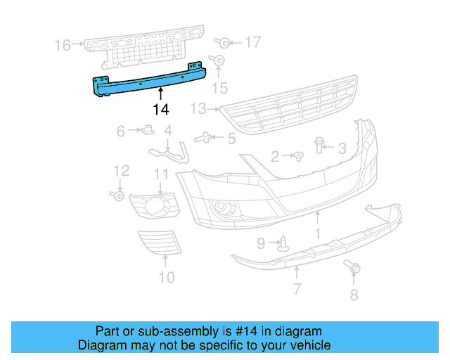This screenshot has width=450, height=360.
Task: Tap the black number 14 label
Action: click(161, 109)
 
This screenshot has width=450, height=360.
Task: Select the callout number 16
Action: click(63, 46)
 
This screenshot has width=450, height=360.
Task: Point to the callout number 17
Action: click(252, 43)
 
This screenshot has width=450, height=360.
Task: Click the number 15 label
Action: click(220, 87)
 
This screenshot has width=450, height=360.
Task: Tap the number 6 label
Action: click(120, 131)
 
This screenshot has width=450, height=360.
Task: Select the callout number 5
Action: click(231, 138)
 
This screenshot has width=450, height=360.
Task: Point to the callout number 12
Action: click(122, 171)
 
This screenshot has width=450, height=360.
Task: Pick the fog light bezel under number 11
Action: click(155, 205)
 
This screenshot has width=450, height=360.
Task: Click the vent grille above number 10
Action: click(160, 243)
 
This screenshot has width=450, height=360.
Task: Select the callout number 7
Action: click(297, 288)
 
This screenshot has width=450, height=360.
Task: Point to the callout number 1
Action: click(317, 233)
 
